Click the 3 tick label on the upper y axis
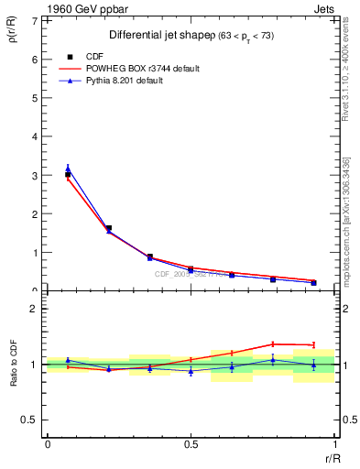tap(34, 175)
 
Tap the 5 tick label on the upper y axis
tap(34, 98)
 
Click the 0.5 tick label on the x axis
tap(191, 444)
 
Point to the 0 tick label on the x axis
tap(48, 444)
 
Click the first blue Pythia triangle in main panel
tap(68, 169)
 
